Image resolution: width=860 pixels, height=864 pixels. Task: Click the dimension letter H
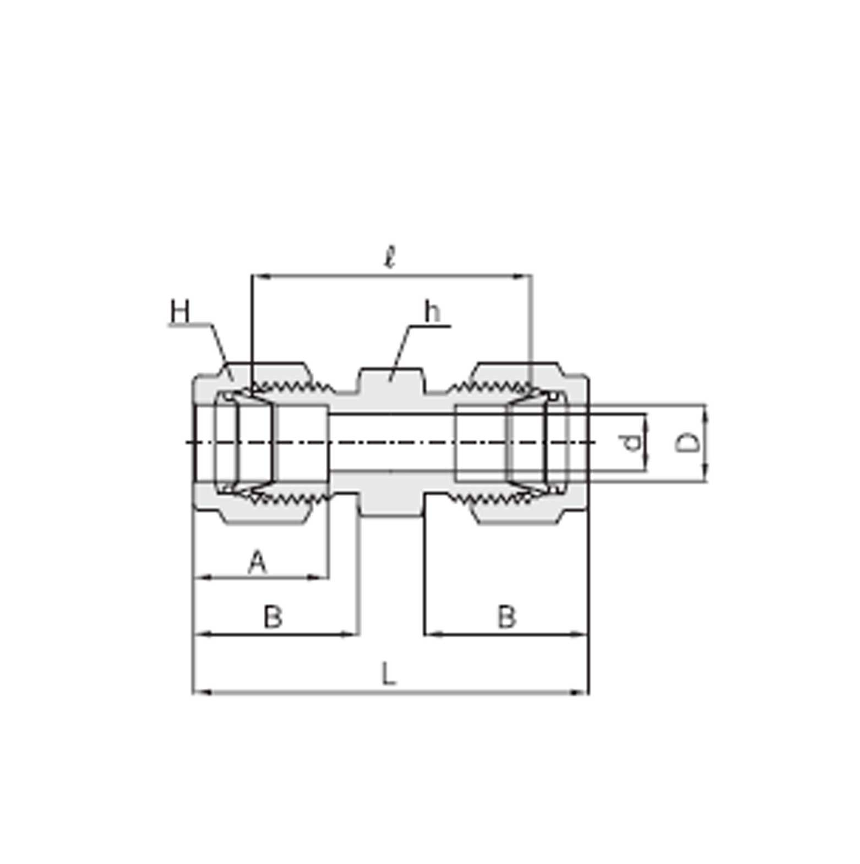tap(180, 311)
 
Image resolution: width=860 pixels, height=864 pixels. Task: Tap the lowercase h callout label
tap(432, 311)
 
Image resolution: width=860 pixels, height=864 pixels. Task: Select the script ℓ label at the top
tap(390, 257)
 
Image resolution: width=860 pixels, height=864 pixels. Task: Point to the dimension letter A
tap(258, 563)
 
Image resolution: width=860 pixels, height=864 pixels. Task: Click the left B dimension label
tap(273, 617)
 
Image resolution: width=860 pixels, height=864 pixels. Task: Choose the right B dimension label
tap(507, 617)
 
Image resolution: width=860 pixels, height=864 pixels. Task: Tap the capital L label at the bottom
tap(389, 674)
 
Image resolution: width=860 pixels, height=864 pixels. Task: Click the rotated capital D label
tap(688, 442)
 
